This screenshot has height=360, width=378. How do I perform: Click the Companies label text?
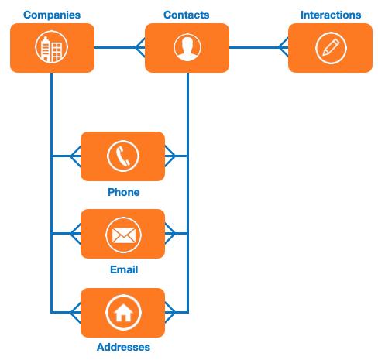click(52, 15)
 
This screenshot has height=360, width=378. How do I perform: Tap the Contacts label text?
click(187, 15)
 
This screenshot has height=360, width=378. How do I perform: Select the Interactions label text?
click(330, 15)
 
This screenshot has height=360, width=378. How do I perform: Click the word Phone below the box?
click(123, 192)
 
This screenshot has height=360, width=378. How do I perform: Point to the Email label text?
click(123, 269)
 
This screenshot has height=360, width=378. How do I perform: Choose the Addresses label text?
click(123, 347)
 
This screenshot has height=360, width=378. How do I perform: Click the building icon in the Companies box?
click(52, 48)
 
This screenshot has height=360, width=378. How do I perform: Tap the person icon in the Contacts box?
click(187, 48)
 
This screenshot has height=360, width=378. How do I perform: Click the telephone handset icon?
click(122, 156)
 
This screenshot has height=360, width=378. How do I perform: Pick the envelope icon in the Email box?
click(122, 234)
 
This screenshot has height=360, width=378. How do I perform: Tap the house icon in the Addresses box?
click(122, 312)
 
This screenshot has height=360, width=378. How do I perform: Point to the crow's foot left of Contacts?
click(139, 48)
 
